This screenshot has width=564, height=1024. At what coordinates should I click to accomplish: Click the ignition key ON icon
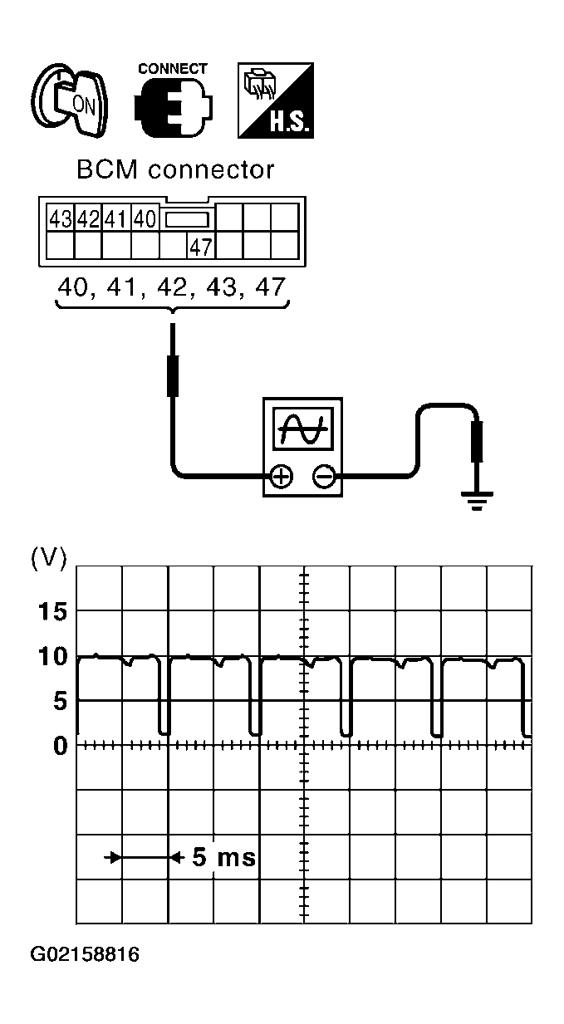click(71, 101)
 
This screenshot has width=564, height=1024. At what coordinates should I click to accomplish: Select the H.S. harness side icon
click(276, 100)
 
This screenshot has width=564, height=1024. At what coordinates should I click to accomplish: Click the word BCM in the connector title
click(106, 169)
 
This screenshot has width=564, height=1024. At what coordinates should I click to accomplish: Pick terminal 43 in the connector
click(60, 220)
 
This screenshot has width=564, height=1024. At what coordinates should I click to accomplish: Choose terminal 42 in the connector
click(88, 220)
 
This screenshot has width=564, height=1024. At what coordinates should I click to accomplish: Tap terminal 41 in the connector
click(116, 220)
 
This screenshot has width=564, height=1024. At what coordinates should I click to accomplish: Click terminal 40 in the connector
click(145, 220)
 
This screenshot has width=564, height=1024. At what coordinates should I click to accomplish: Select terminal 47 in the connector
click(200, 247)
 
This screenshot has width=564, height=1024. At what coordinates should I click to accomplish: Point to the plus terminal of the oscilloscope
click(282, 476)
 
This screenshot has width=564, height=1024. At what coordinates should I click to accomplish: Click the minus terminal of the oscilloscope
click(323, 476)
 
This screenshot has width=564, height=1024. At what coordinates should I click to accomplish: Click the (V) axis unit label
click(47, 557)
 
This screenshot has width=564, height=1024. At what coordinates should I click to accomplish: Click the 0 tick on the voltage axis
click(59, 746)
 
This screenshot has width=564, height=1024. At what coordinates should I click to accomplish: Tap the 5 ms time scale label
click(223, 857)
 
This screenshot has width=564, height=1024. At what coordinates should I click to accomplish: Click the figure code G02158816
click(85, 954)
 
